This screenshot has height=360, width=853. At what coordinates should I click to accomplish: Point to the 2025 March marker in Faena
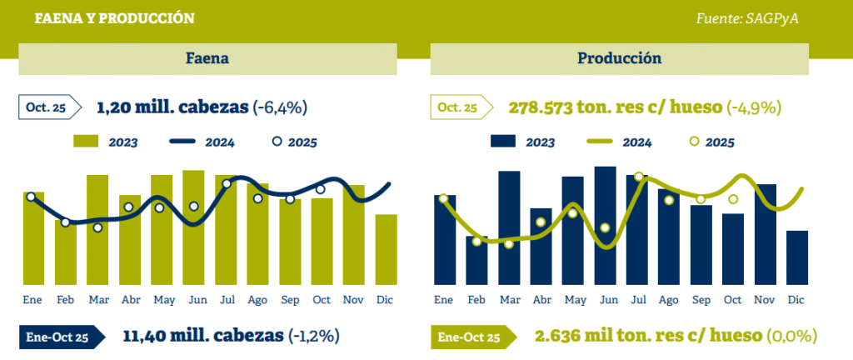tap(97, 227)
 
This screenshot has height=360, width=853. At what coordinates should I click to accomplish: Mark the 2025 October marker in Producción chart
tap(733, 199)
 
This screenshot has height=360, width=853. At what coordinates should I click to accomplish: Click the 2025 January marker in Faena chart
tap(31, 197)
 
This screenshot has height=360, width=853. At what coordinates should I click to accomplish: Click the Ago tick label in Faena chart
tap(257, 299)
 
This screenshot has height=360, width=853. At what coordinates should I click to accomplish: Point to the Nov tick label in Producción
tap(766, 299)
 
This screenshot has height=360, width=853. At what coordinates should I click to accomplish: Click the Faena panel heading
tap(207, 59)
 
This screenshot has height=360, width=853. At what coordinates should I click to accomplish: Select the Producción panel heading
tap(619, 59)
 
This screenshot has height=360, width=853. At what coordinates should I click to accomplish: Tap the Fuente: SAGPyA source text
tap(746, 18)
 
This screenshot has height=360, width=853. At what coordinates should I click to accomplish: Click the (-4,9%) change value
tap(754, 107)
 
